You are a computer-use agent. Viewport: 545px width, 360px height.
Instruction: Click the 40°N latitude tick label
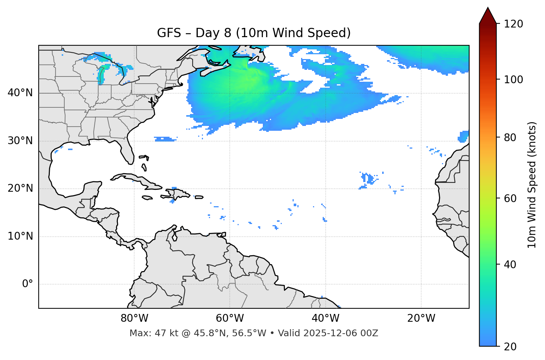point(20,93)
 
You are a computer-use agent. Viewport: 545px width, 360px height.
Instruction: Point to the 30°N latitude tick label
point(20,141)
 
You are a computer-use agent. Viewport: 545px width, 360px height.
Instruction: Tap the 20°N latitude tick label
point(20,188)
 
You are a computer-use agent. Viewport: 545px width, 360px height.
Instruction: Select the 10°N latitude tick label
point(20,236)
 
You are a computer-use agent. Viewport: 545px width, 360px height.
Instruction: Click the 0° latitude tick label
point(28,284)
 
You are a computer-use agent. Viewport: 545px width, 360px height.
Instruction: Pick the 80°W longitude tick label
point(134,318)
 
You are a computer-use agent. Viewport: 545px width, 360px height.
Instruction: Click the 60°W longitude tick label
point(230,318)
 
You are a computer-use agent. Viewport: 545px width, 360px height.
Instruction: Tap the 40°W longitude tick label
point(325,318)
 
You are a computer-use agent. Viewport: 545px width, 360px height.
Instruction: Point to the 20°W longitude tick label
point(421,318)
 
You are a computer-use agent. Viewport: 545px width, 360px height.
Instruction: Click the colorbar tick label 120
point(513,24)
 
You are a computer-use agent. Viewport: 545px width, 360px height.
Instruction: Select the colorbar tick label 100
point(513,80)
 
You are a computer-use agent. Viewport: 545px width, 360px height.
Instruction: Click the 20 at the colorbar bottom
point(510,347)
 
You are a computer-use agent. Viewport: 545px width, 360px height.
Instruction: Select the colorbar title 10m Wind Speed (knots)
point(532,185)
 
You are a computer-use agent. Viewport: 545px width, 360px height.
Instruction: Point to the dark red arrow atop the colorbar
point(488,16)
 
